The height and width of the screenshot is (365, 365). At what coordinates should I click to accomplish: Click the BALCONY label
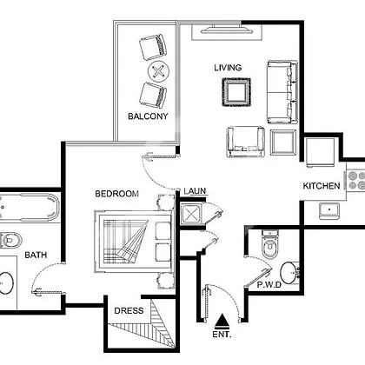pyautogui.click(x=148, y=116)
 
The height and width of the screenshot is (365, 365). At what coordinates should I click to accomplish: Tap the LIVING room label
pyautogui.click(x=228, y=68)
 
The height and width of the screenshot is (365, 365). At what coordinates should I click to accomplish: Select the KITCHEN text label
pyautogui.click(x=322, y=186)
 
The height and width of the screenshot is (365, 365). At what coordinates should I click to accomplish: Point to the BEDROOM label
pyautogui.click(x=117, y=194)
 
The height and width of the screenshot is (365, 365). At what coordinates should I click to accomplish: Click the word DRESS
pyautogui.click(x=129, y=311)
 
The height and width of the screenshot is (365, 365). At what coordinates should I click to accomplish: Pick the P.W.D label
pyautogui.click(x=269, y=285)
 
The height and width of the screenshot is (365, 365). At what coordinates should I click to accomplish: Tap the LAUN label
pyautogui.click(x=195, y=191)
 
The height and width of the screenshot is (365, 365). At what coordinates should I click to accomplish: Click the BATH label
pyautogui.click(x=36, y=255)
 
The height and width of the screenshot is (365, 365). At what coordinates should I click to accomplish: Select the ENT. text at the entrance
pyautogui.click(x=222, y=335)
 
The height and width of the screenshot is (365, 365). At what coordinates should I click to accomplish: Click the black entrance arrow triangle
pyautogui.click(x=222, y=322)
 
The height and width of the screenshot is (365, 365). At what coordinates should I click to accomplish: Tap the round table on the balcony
pyautogui.click(x=158, y=71)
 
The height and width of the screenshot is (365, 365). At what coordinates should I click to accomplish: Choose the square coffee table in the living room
pyautogui.click(x=236, y=92)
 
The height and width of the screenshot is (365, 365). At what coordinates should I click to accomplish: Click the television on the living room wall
pyautogui.click(x=227, y=30)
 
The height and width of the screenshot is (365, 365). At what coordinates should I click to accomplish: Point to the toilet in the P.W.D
pyautogui.click(x=270, y=244)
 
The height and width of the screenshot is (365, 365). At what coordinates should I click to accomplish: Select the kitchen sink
pyautogui.click(x=329, y=210)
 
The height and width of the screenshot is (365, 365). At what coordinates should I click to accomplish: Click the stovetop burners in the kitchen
pyautogui.click(x=356, y=181)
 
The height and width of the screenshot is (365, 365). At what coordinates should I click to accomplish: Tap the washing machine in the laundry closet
pyautogui.click(x=190, y=215)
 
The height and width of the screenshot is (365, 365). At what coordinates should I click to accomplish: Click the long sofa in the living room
pyautogui.click(x=282, y=92)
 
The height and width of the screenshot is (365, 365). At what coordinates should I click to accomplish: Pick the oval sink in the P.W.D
pyautogui.click(x=289, y=273)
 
